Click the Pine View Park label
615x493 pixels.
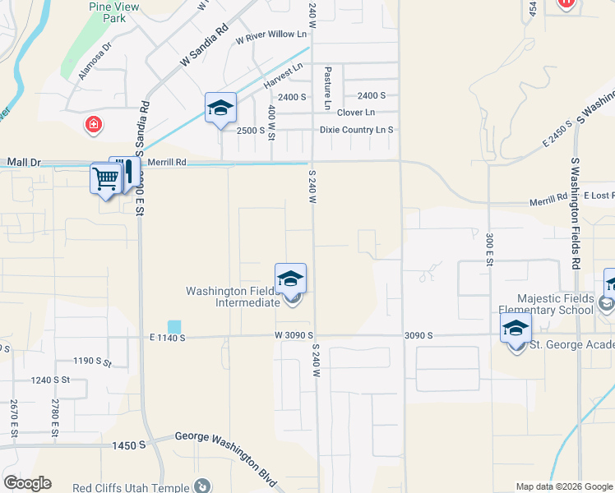[x=113, y=12]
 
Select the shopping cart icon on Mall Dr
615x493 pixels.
[x=105, y=179]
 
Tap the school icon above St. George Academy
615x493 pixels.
[x=516, y=328]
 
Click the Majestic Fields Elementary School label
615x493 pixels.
[x=555, y=304]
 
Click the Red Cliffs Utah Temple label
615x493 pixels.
[x=131, y=487]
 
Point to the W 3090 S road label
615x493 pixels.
[x=295, y=336]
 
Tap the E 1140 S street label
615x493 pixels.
[x=168, y=337]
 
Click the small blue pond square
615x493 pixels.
[x=173, y=326]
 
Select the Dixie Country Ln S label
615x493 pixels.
[x=356, y=130]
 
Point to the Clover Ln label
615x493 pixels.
[x=356, y=113]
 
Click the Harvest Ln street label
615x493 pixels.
[x=278, y=81]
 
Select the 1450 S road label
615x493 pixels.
[x=129, y=445]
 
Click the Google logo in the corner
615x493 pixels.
[x=27, y=482]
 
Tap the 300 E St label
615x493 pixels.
[x=488, y=247]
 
